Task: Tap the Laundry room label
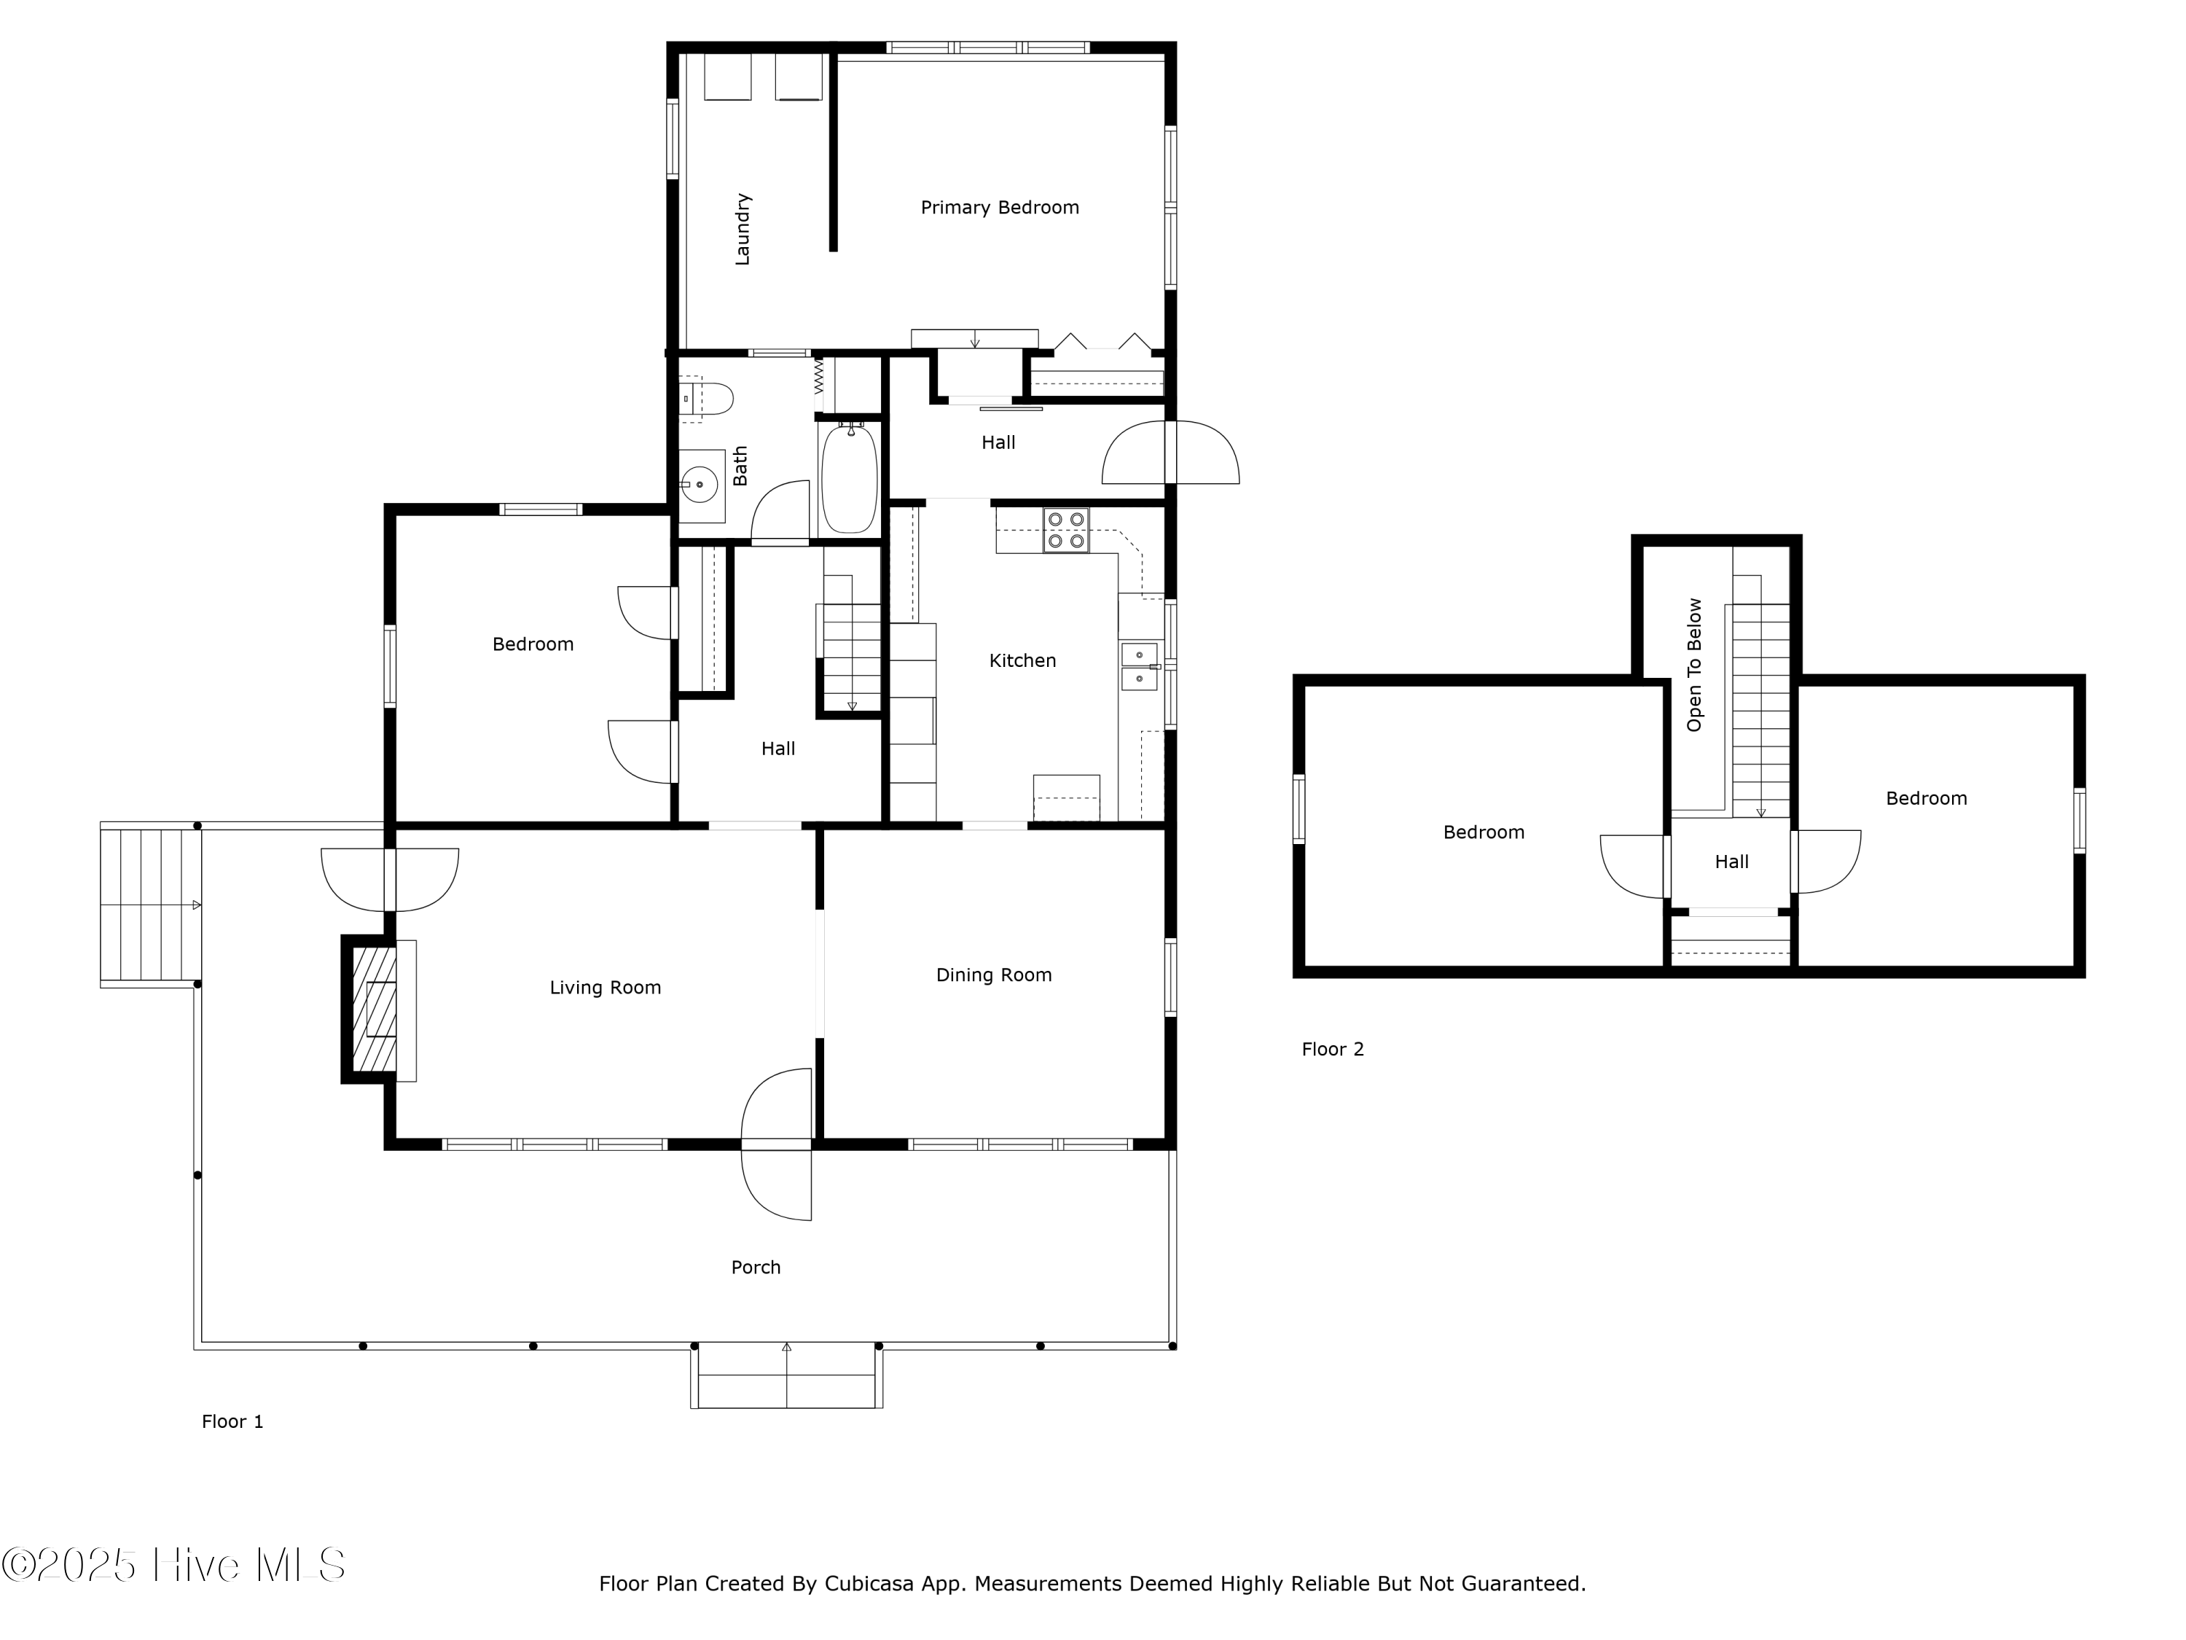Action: coord(743,230)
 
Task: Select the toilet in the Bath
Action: coord(710,399)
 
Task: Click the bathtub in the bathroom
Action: coord(848,477)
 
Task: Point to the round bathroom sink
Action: coord(700,485)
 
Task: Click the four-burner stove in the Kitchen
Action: coord(1066,530)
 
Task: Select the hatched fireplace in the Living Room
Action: coord(375,1010)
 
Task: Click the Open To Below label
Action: coord(1695,664)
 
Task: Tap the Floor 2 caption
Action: coord(1332,1049)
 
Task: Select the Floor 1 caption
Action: coord(232,1421)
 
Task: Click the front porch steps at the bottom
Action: coord(787,1375)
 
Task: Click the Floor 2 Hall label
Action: coord(1731,862)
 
